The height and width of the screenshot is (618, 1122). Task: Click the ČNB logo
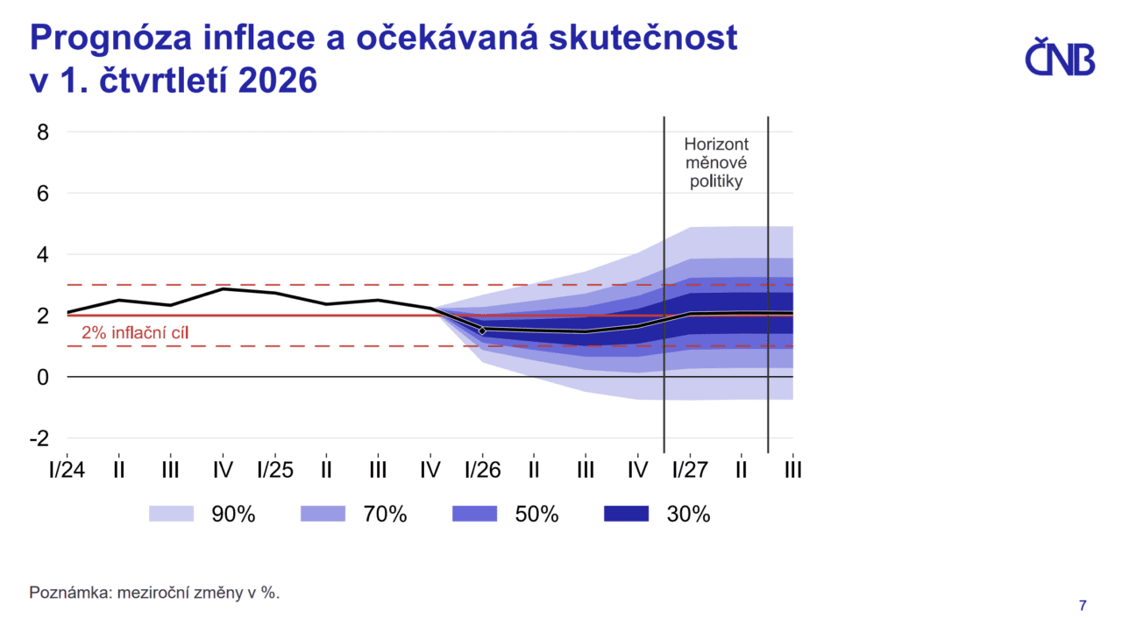pos(1060,59)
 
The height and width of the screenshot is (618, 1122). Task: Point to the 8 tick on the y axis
pos(42,132)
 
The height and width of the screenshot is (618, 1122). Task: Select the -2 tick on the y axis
pos(39,438)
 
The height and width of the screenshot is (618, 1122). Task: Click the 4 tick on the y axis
pos(42,254)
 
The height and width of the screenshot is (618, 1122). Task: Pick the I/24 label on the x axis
pos(67,470)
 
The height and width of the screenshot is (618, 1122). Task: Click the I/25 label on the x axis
pos(274,470)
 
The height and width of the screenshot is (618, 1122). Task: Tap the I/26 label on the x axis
pos(482,470)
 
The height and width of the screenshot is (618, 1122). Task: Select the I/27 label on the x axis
pos(690,470)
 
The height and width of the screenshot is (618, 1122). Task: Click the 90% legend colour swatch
pos(171,515)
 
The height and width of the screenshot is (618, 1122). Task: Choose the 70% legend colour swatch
pos(323,515)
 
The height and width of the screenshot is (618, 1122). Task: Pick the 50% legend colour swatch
pos(474,515)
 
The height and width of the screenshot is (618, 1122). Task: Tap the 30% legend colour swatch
pos(626,515)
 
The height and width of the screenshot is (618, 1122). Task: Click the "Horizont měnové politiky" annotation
pos(716,163)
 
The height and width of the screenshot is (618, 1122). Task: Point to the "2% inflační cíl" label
pos(135,333)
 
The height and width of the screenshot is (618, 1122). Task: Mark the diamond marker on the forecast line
pos(482,330)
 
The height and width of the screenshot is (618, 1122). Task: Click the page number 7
pos(1083,605)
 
